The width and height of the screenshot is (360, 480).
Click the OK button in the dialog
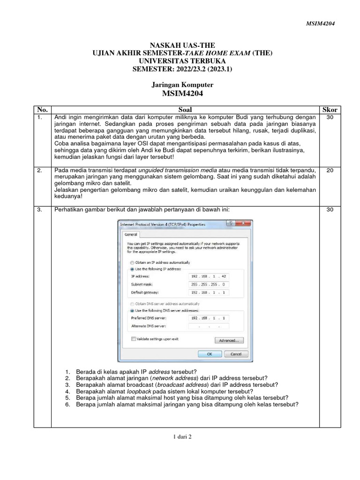pos(210,354)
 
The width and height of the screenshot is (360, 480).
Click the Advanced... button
pos(229,340)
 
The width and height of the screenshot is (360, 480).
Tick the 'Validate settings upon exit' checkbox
pos(134,339)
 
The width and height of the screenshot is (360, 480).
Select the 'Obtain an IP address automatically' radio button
pos(132,262)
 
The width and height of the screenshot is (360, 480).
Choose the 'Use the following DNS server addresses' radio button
pos(132,310)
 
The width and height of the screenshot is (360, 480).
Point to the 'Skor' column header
pos(330,110)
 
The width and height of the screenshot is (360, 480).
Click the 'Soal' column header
pos(185,110)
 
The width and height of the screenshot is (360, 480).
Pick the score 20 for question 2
pos(330,170)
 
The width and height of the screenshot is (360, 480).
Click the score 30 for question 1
pos(330,117)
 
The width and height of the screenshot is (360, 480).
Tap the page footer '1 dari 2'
pos(182,436)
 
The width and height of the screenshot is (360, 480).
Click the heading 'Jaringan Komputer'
pos(182,85)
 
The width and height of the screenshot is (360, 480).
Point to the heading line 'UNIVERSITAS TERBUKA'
pos(182,61)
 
